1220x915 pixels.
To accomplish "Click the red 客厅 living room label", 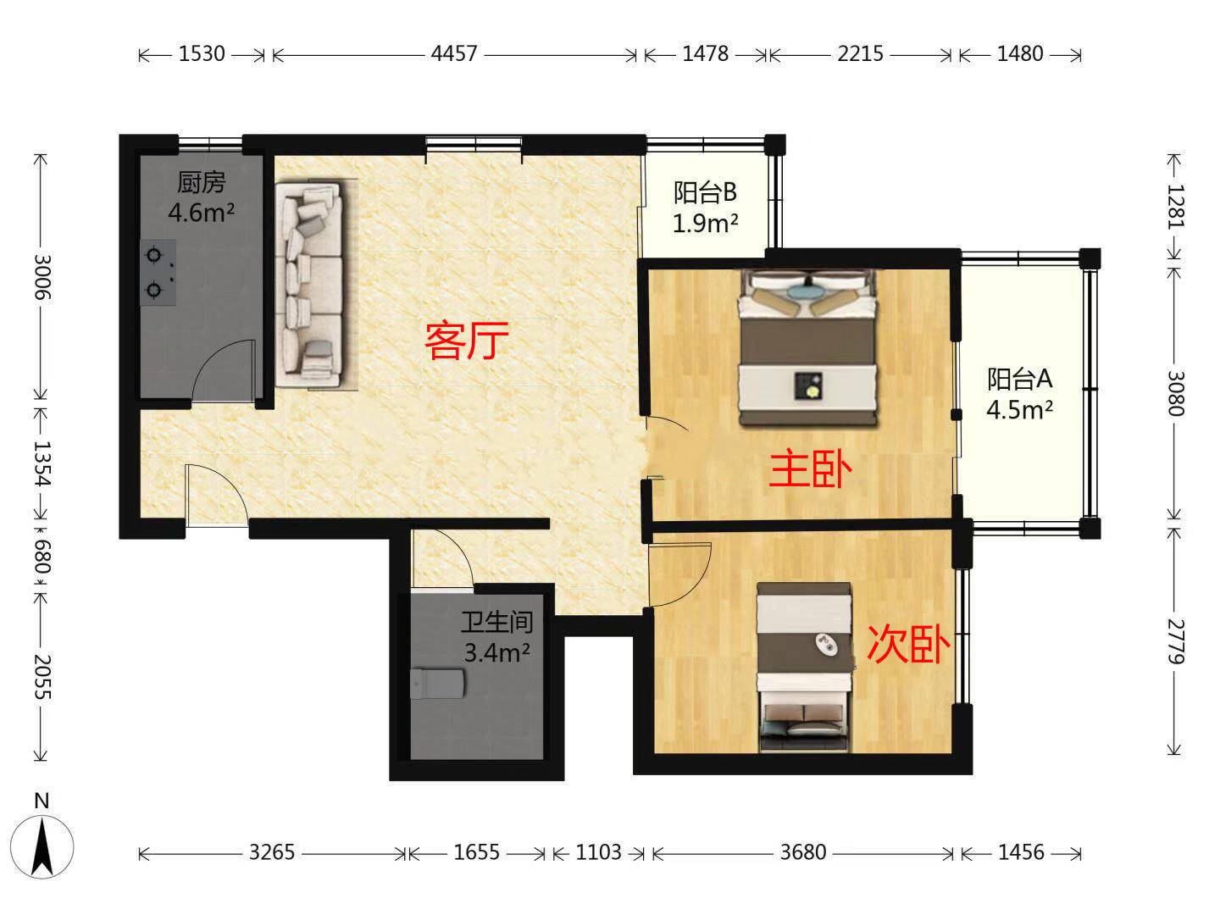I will point(467,341).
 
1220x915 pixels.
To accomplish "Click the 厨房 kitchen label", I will point(201,182).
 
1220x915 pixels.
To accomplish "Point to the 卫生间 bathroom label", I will point(496,623).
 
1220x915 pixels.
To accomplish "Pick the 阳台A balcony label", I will point(1019,378).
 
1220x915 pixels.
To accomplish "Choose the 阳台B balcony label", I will point(705,193).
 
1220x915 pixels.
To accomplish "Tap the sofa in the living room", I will point(310,284).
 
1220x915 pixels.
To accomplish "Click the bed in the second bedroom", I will point(804,667).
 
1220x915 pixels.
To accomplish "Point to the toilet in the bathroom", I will point(437,683).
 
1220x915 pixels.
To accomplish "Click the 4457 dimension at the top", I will point(454,53).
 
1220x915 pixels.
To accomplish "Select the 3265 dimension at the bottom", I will point(271,851).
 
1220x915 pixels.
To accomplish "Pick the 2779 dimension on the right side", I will point(1175,640).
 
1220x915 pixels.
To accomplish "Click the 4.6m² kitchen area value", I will point(201,212).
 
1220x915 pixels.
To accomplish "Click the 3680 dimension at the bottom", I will point(801,851).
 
